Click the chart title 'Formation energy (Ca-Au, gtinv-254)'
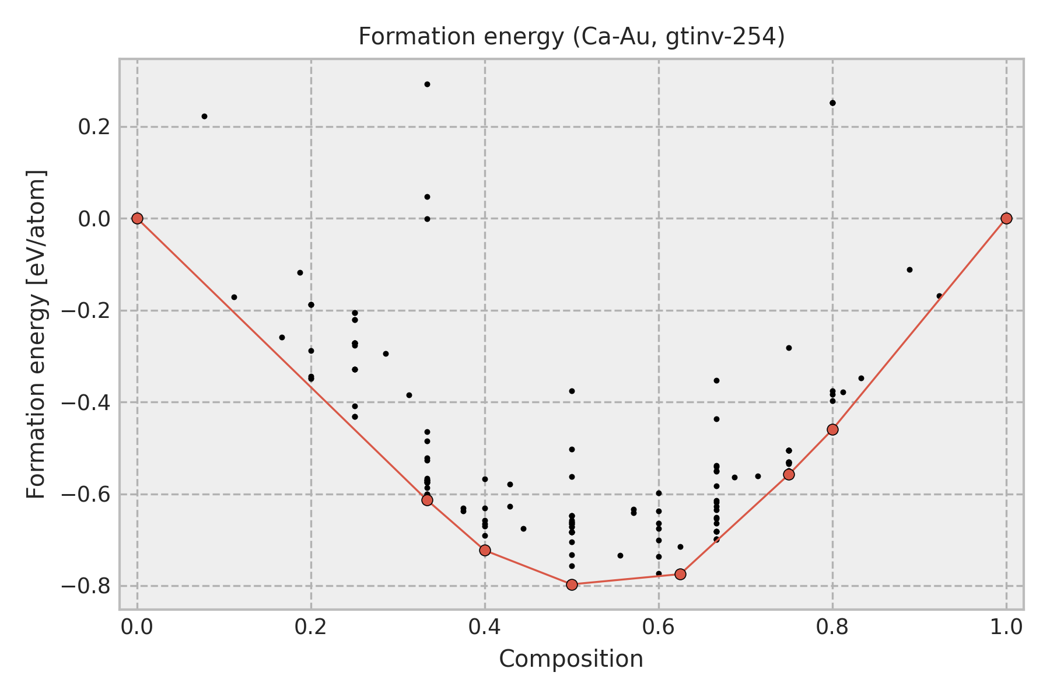pyautogui.click(x=571, y=37)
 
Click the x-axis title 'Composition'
pyautogui.click(x=571, y=659)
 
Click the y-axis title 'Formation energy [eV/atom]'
pyautogui.click(x=37, y=334)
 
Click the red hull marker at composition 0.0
pyautogui.click(x=137, y=218)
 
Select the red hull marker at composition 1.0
pyautogui.click(x=1006, y=218)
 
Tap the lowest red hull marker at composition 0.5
pyautogui.click(x=572, y=584)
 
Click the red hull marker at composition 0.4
pyautogui.click(x=485, y=550)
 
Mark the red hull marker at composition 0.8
pyautogui.click(x=832, y=429)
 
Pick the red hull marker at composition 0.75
pyautogui.click(x=789, y=474)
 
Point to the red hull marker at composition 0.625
pyautogui.click(x=680, y=574)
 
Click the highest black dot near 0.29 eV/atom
pyautogui.click(x=427, y=84)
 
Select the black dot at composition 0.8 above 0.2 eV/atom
pyautogui.click(x=832, y=103)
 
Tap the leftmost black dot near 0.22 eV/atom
pyautogui.click(x=204, y=116)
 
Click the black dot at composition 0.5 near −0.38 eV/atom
pyautogui.click(x=572, y=391)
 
